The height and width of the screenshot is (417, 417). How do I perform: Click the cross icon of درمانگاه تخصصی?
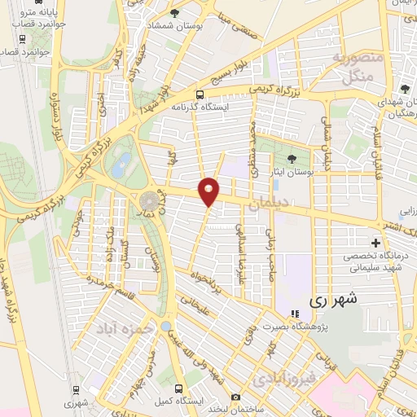375,243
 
